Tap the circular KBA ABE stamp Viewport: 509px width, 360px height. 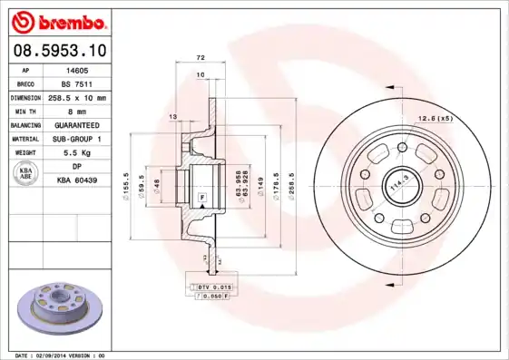pyautogui.click(x=25, y=174)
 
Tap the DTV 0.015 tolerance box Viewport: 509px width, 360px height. pyautogui.click(x=215, y=287)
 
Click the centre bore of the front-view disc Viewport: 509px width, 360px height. pyautogui.click(x=397, y=180)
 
